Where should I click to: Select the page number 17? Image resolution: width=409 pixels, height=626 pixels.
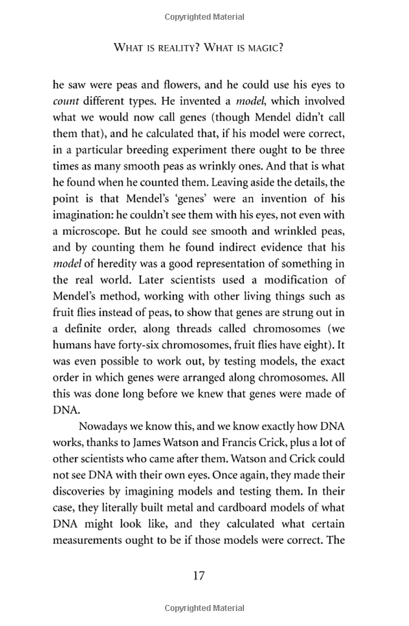[198, 576]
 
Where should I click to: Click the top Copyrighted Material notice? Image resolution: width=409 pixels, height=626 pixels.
[204, 16]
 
